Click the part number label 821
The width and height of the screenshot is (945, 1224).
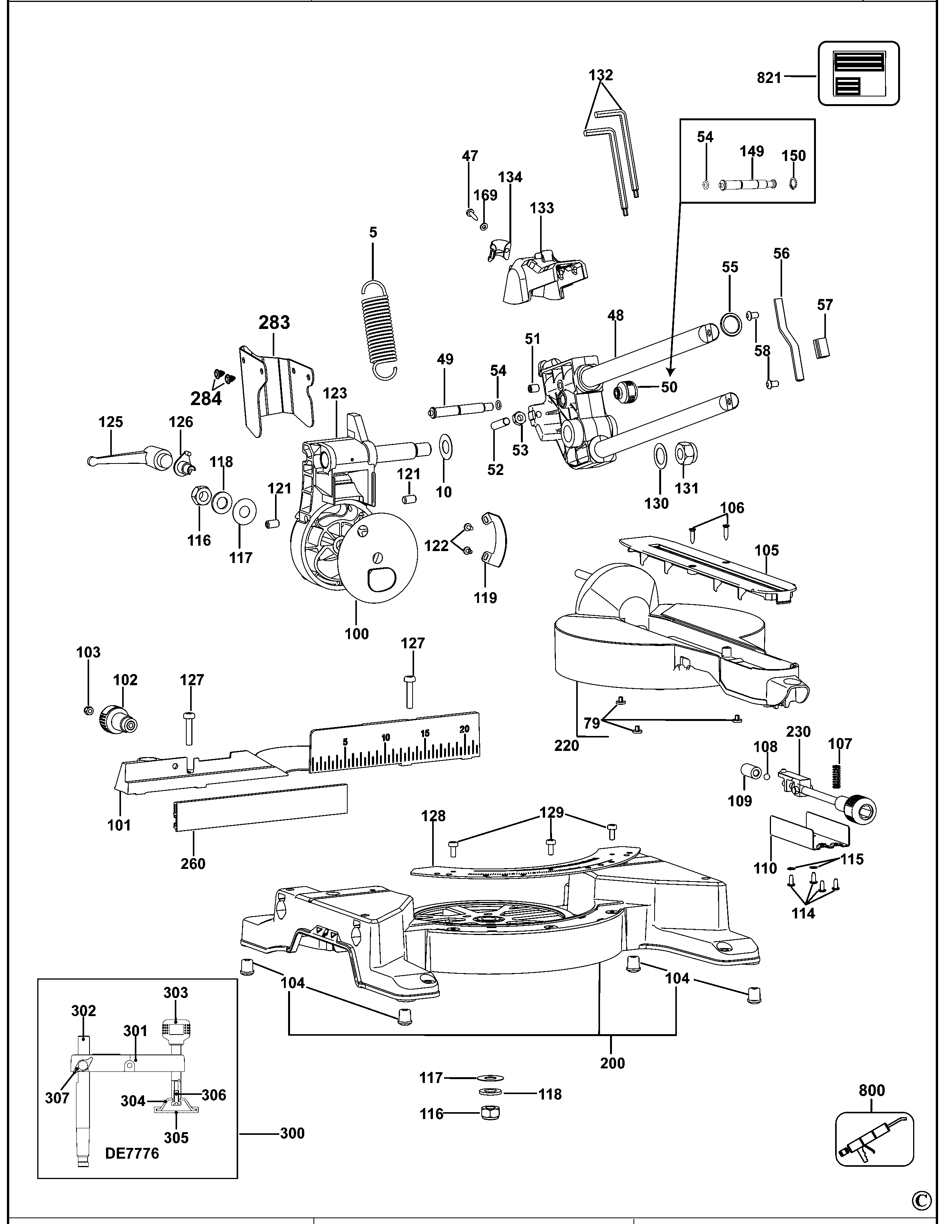[769, 78]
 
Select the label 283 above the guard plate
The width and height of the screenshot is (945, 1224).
[274, 323]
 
